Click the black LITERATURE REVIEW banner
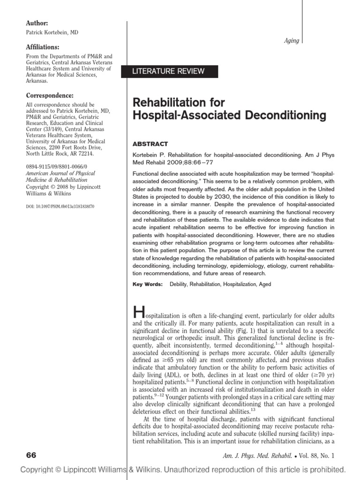coord(176,71)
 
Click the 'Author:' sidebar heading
coord(36,23)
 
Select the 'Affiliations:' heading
coord(42,47)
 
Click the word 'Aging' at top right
coord(292,41)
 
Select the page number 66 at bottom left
coord(31,456)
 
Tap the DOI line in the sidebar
coord(59,206)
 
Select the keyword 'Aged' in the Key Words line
coord(265,284)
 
